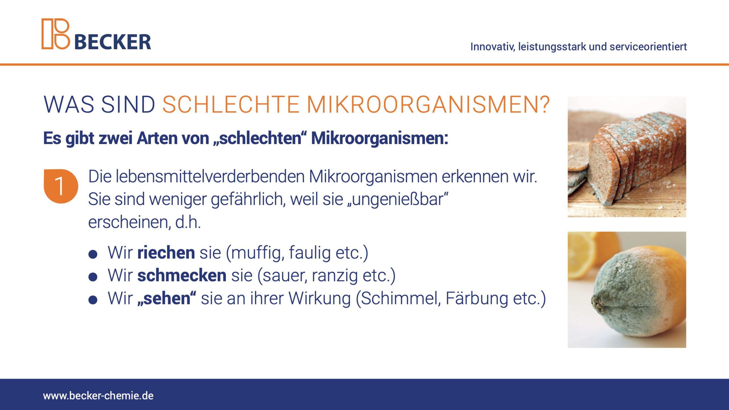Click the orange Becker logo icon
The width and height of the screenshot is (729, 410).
56,34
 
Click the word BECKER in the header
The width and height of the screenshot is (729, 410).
113,42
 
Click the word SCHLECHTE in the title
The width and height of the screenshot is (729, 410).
231,104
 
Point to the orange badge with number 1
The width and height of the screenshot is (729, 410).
61,186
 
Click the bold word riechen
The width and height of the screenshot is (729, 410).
166,252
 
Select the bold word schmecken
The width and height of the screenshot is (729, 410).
182,275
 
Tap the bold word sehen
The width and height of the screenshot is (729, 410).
167,298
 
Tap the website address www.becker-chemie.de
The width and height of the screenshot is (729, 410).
98,396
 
